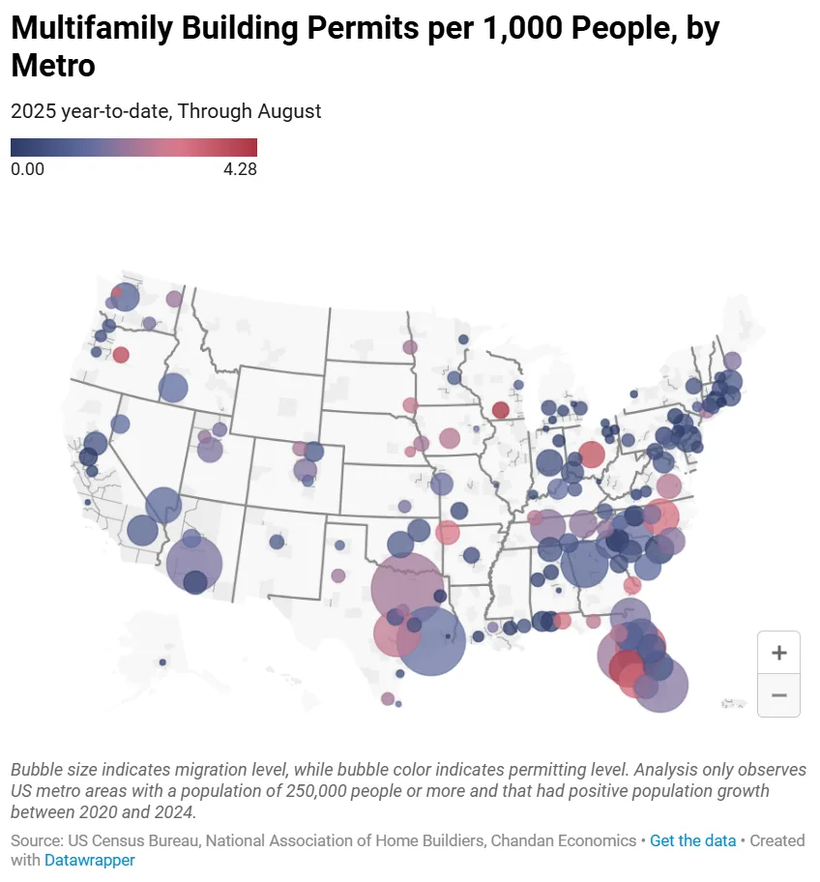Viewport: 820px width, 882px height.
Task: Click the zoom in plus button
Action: [778, 653]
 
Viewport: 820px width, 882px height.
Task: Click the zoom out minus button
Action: [778, 695]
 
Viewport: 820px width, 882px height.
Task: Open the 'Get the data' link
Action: [692, 840]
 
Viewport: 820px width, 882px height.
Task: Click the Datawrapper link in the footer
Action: [89, 859]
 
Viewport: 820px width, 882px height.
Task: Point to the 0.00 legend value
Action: [27, 169]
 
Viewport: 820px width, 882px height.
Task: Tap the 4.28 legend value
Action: [240, 169]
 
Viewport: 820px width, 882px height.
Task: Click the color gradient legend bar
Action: [133, 147]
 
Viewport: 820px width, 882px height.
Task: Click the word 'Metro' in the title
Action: [53, 66]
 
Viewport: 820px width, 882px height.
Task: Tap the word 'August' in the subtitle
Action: [288, 111]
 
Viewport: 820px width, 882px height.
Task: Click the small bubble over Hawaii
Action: [161, 663]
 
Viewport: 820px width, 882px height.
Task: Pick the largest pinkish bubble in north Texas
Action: [407, 588]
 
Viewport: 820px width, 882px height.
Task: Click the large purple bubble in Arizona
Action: [194, 563]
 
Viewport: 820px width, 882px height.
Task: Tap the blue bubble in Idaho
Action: [173, 388]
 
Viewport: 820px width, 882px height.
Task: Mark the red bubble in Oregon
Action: [121, 355]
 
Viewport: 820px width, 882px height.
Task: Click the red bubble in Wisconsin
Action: [500, 410]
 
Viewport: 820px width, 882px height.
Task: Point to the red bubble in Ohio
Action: [592, 455]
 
